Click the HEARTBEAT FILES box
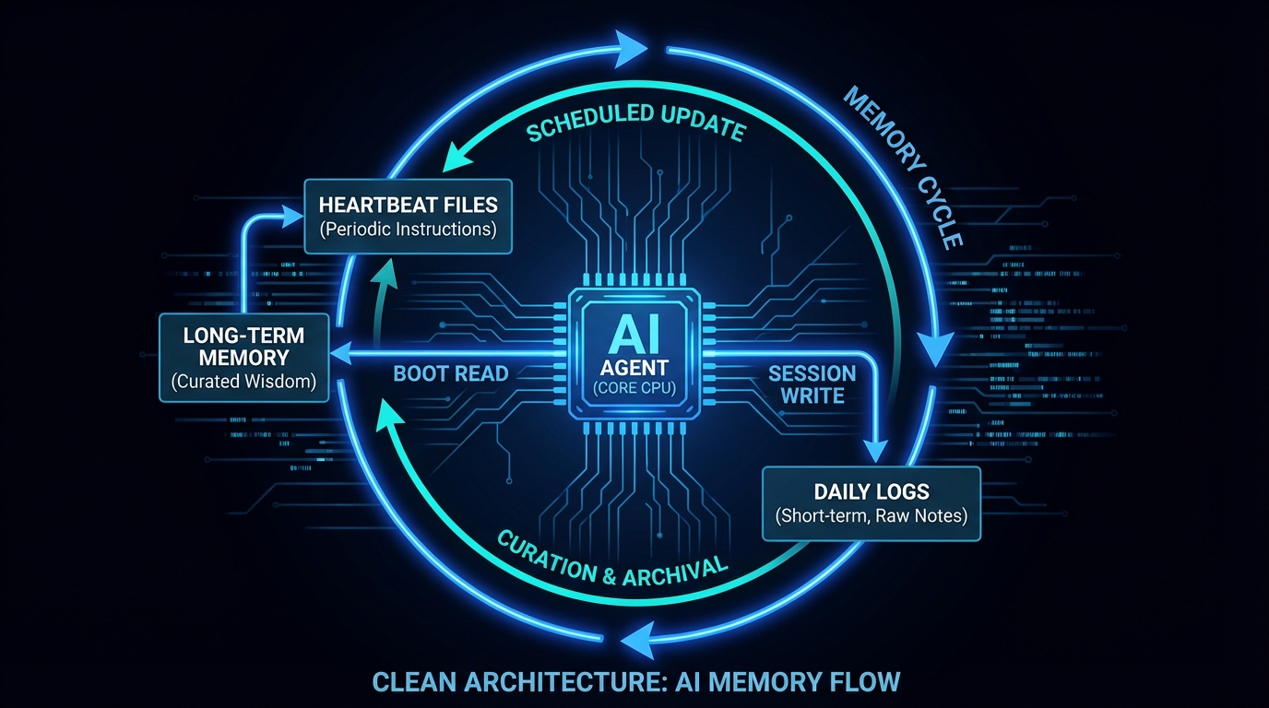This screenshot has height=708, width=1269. pyautogui.click(x=408, y=217)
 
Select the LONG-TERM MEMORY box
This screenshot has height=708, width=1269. pyautogui.click(x=243, y=358)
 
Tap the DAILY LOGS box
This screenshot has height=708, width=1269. pyautogui.click(x=871, y=503)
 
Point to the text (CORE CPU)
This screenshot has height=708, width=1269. pyautogui.click(x=634, y=388)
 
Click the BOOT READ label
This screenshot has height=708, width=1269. pyautogui.click(x=451, y=374)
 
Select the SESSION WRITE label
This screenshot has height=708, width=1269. pyautogui.click(x=812, y=384)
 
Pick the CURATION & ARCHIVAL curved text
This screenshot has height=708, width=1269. pyautogui.click(x=612, y=556)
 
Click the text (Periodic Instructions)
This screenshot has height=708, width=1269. pyautogui.click(x=408, y=230)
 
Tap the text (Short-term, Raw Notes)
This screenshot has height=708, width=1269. pyautogui.click(x=871, y=515)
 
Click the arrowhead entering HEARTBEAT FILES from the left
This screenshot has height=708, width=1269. pyautogui.click(x=294, y=217)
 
